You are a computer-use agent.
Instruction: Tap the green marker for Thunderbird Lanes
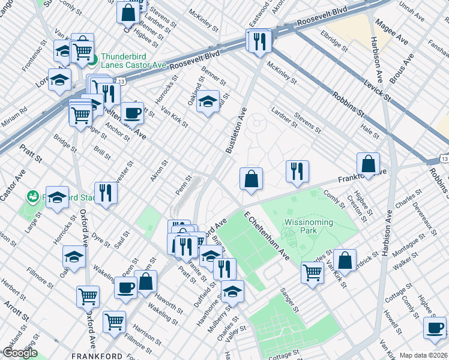click(94, 59)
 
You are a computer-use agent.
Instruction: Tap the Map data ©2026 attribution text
click(423, 355)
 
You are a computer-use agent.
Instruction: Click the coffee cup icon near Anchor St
click(132, 112)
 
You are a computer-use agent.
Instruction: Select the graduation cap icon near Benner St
click(208, 100)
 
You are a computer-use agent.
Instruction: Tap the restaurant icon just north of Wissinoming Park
click(297, 171)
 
